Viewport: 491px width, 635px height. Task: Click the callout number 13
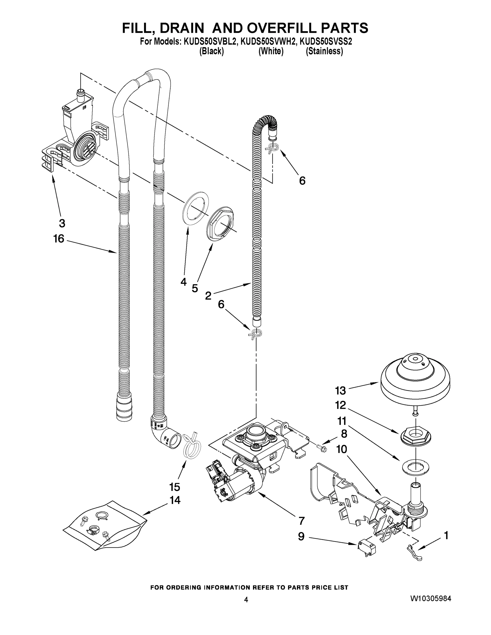click(x=340, y=391)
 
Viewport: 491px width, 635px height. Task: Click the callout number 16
click(x=58, y=239)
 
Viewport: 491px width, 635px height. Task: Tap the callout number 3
click(x=62, y=223)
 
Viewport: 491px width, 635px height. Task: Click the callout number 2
click(x=208, y=296)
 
